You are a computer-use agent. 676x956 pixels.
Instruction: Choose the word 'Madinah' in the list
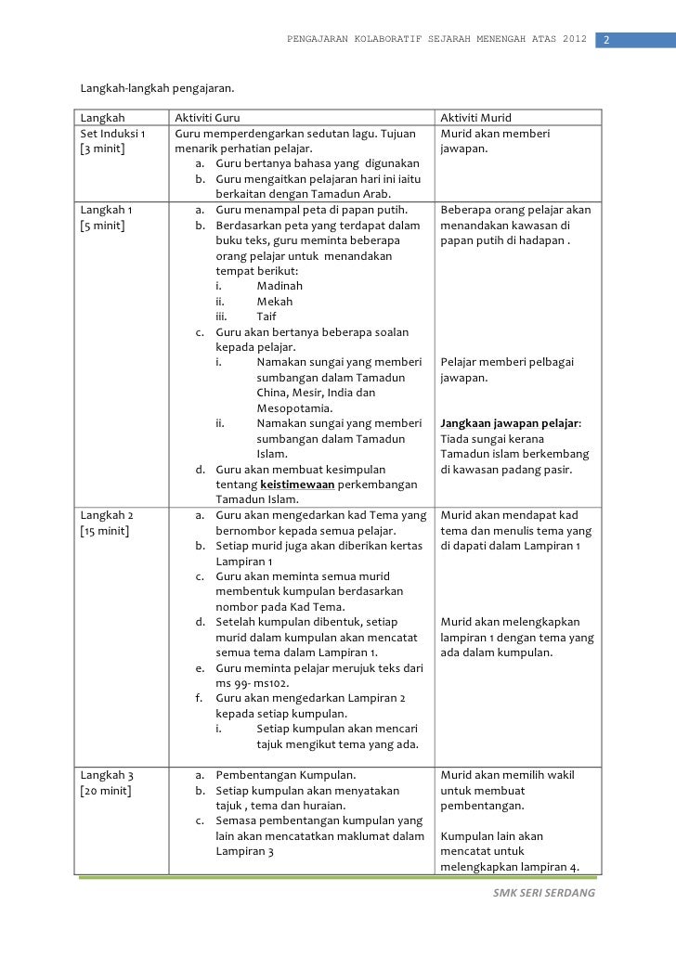click(279, 286)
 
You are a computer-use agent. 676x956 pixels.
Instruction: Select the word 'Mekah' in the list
click(274, 302)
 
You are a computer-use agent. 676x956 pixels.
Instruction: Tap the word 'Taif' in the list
click(268, 317)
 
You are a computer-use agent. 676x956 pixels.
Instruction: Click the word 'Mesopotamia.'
click(295, 407)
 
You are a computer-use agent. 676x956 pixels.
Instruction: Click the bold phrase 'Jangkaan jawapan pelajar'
click(509, 423)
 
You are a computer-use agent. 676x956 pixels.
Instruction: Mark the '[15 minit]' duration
click(105, 530)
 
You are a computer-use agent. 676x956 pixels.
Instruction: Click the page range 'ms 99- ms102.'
click(253, 682)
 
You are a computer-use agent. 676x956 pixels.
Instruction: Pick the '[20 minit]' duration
click(106, 790)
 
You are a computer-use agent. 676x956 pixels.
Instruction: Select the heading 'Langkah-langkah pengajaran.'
click(157, 90)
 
